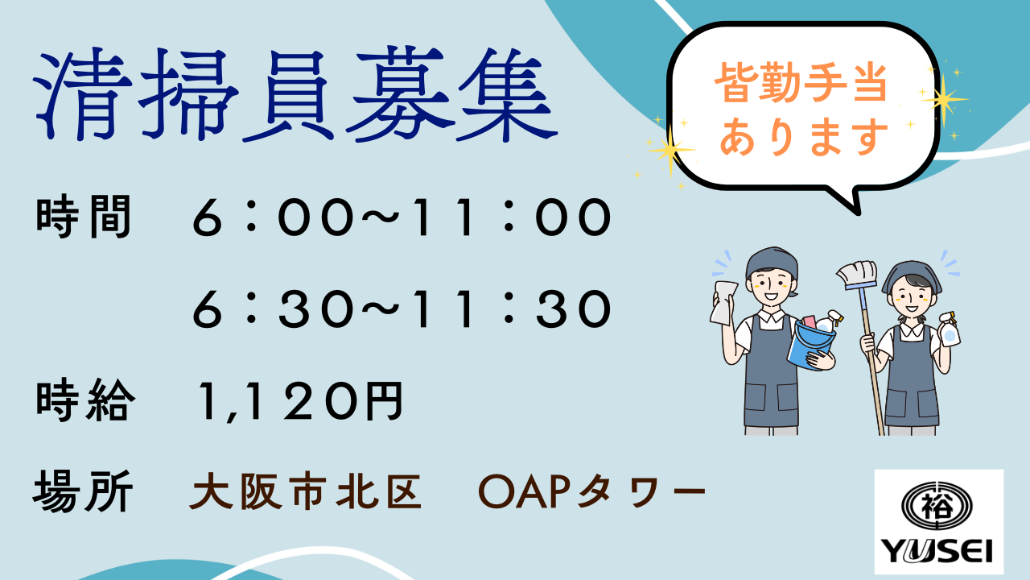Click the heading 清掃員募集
tap(295, 94)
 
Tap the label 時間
tap(84, 217)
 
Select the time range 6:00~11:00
tap(402, 217)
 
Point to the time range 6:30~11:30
tap(402, 309)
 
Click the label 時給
tap(85, 400)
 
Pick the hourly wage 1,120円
tap(301, 401)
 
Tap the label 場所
tap(83, 491)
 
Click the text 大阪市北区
tap(305, 492)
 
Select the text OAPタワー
tap(591, 492)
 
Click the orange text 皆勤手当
tap(801, 83)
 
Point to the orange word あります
tap(804, 136)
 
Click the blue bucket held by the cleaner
tap(811, 344)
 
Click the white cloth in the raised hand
tap(723, 301)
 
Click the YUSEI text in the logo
tap(936, 550)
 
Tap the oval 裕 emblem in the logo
tap(937, 506)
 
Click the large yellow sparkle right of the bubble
tap(944, 99)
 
